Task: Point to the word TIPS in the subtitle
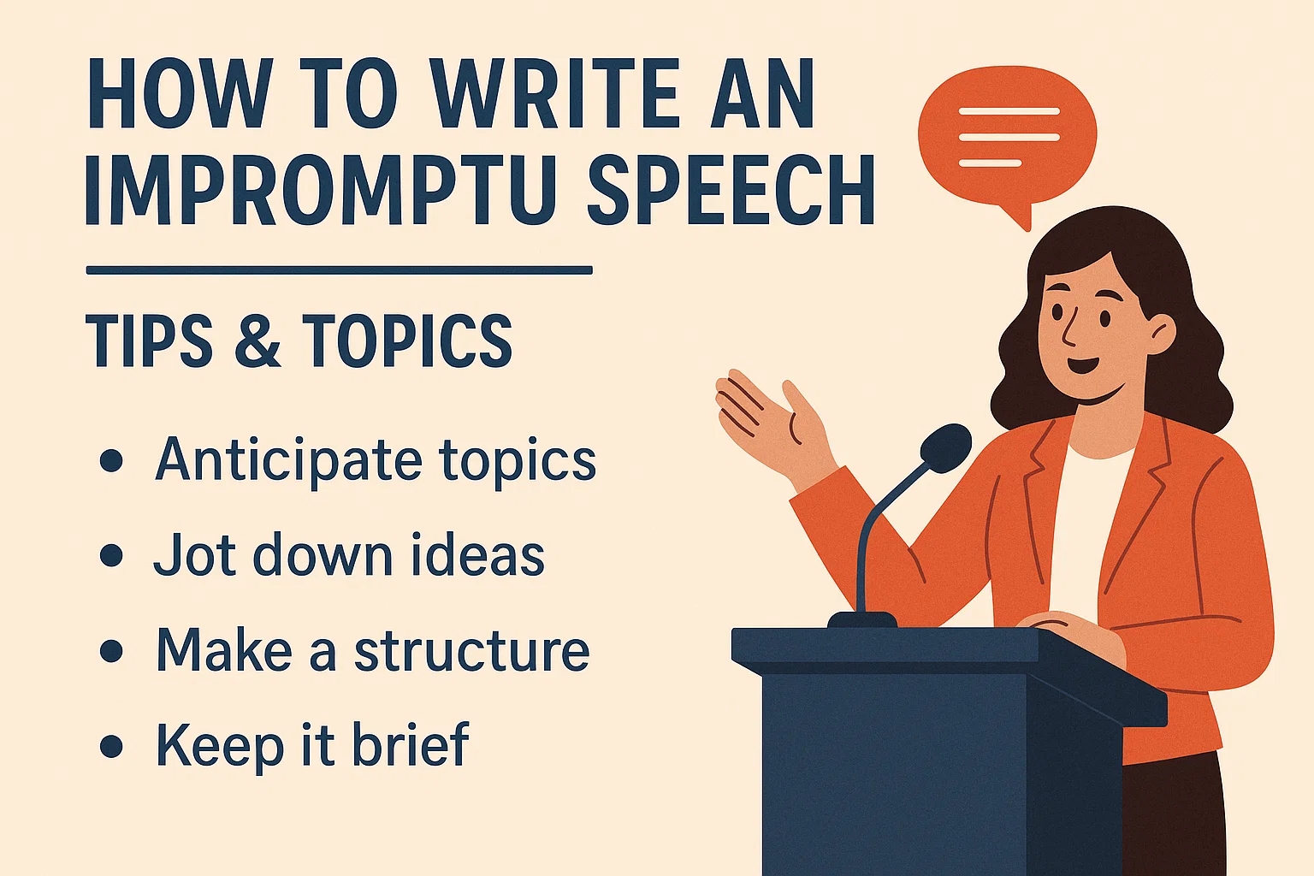(x=149, y=340)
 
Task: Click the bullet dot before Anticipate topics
(x=111, y=460)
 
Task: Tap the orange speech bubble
(x=1007, y=141)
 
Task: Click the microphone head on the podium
(x=945, y=448)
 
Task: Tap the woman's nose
(x=1068, y=328)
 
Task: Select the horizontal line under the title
(x=339, y=270)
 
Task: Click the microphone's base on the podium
(x=861, y=620)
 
